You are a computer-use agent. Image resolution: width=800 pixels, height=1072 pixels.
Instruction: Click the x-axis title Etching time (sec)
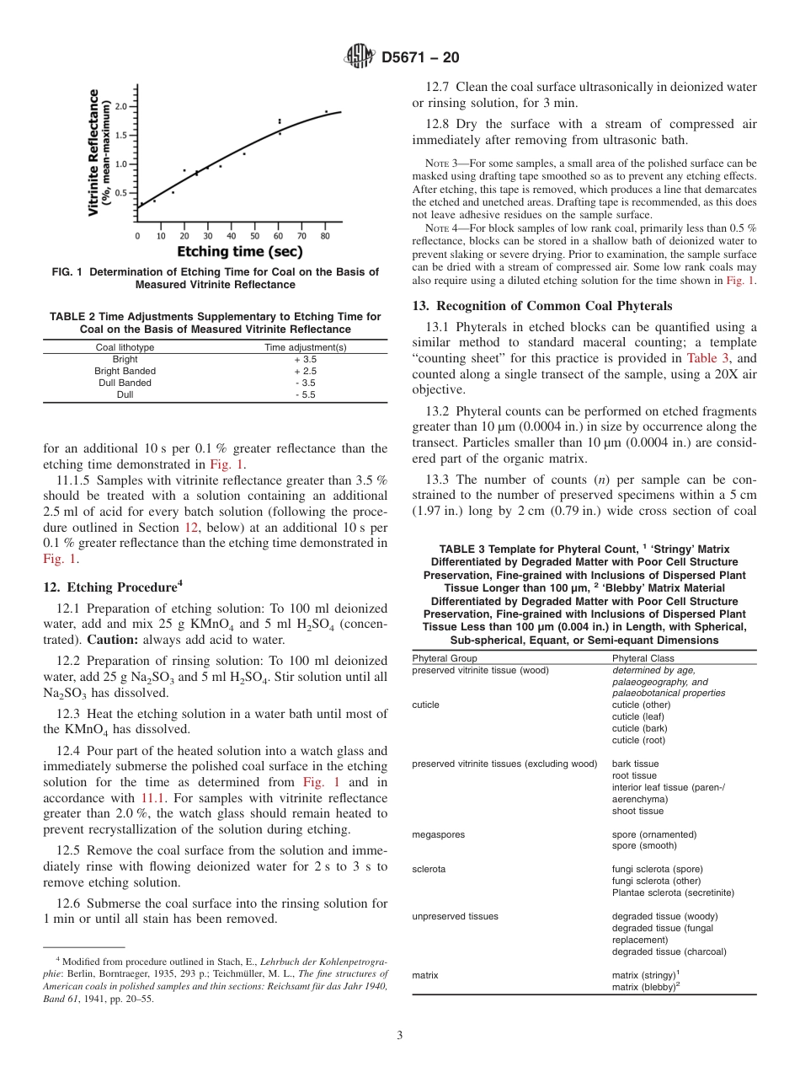pos(239,251)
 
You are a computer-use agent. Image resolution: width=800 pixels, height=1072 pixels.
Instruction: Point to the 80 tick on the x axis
pos(325,237)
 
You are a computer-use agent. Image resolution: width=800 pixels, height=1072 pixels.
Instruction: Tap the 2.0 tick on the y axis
pos(121,106)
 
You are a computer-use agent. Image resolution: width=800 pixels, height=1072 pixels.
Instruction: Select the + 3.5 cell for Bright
pos(305,359)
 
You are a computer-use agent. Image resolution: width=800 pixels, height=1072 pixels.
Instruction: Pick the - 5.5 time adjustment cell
pos(305,394)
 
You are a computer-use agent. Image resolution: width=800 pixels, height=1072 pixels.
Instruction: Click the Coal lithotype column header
pos(125,347)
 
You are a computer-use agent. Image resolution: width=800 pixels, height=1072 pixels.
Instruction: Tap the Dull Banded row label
pos(125,383)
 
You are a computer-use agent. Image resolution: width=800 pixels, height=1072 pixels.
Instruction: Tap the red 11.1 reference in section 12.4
pos(152,797)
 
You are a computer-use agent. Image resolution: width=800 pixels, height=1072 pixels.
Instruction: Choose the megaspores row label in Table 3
pos(438,834)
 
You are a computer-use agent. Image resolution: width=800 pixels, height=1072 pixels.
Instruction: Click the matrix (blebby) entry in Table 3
pos(645,987)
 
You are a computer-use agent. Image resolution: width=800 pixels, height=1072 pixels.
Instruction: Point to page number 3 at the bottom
pos(399,1035)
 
